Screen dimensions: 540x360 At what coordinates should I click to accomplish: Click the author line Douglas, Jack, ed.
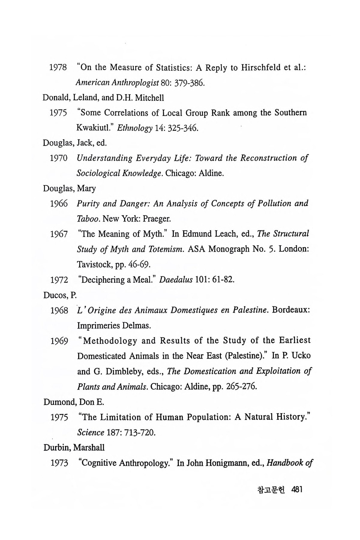[75, 143]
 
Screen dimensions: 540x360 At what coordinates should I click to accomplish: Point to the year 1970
[59, 158]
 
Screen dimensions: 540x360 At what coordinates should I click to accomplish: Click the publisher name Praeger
[157, 219]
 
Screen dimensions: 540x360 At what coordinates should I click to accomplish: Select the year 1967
[59, 234]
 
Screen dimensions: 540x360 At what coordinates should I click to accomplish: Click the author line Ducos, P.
[60, 295]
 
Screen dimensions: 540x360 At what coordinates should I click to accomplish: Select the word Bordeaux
[291, 310]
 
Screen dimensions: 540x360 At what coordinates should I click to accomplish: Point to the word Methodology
[110, 341]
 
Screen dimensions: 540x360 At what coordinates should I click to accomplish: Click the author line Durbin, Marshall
[74, 448]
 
